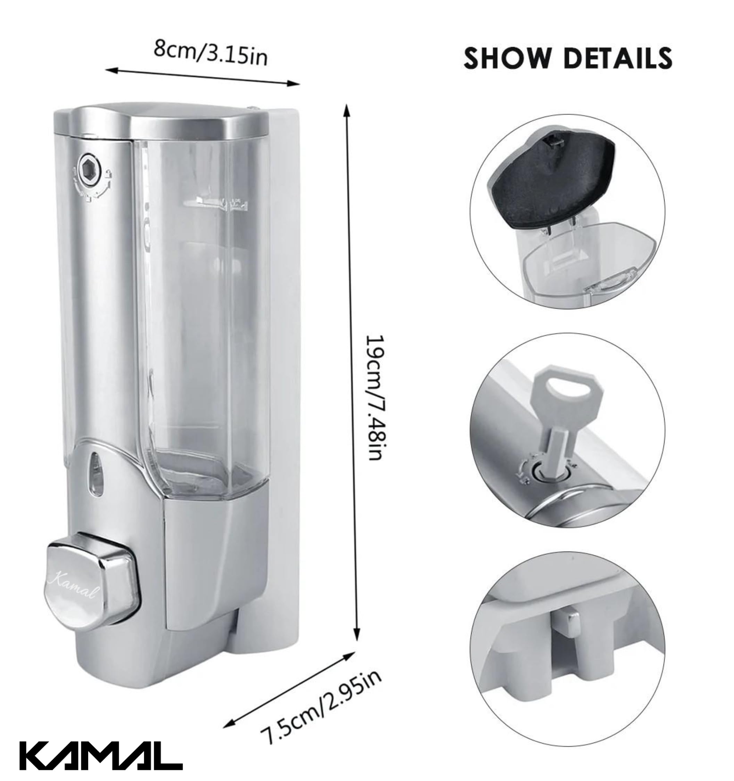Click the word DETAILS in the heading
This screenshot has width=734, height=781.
618,58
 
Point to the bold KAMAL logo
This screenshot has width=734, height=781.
101,755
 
